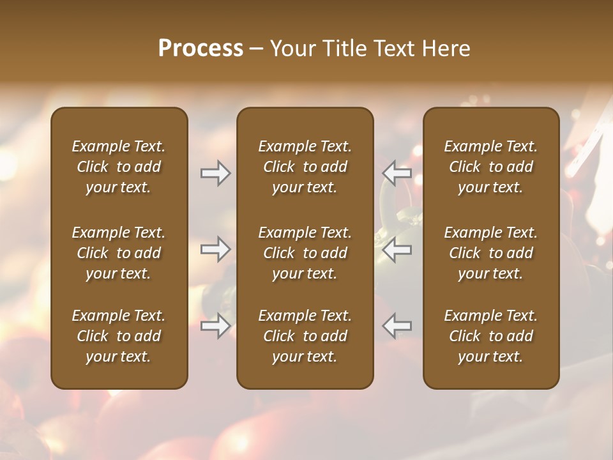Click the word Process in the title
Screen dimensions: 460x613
(201, 49)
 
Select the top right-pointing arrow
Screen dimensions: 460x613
(215, 173)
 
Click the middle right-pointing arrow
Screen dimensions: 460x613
(215, 250)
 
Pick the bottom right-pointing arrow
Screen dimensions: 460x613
(215, 326)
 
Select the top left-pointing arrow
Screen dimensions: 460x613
(397, 173)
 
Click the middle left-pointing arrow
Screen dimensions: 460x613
(397, 250)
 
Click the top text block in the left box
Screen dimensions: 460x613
(119, 167)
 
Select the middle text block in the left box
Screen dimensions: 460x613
(119, 253)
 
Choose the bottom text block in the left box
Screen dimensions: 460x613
(119, 336)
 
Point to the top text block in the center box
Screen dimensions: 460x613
(305, 167)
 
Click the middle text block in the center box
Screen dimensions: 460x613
(305, 253)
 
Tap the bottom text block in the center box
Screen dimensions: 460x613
(305, 336)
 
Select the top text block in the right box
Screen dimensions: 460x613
(491, 167)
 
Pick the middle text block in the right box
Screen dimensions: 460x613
(491, 253)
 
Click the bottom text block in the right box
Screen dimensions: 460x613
(491, 336)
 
